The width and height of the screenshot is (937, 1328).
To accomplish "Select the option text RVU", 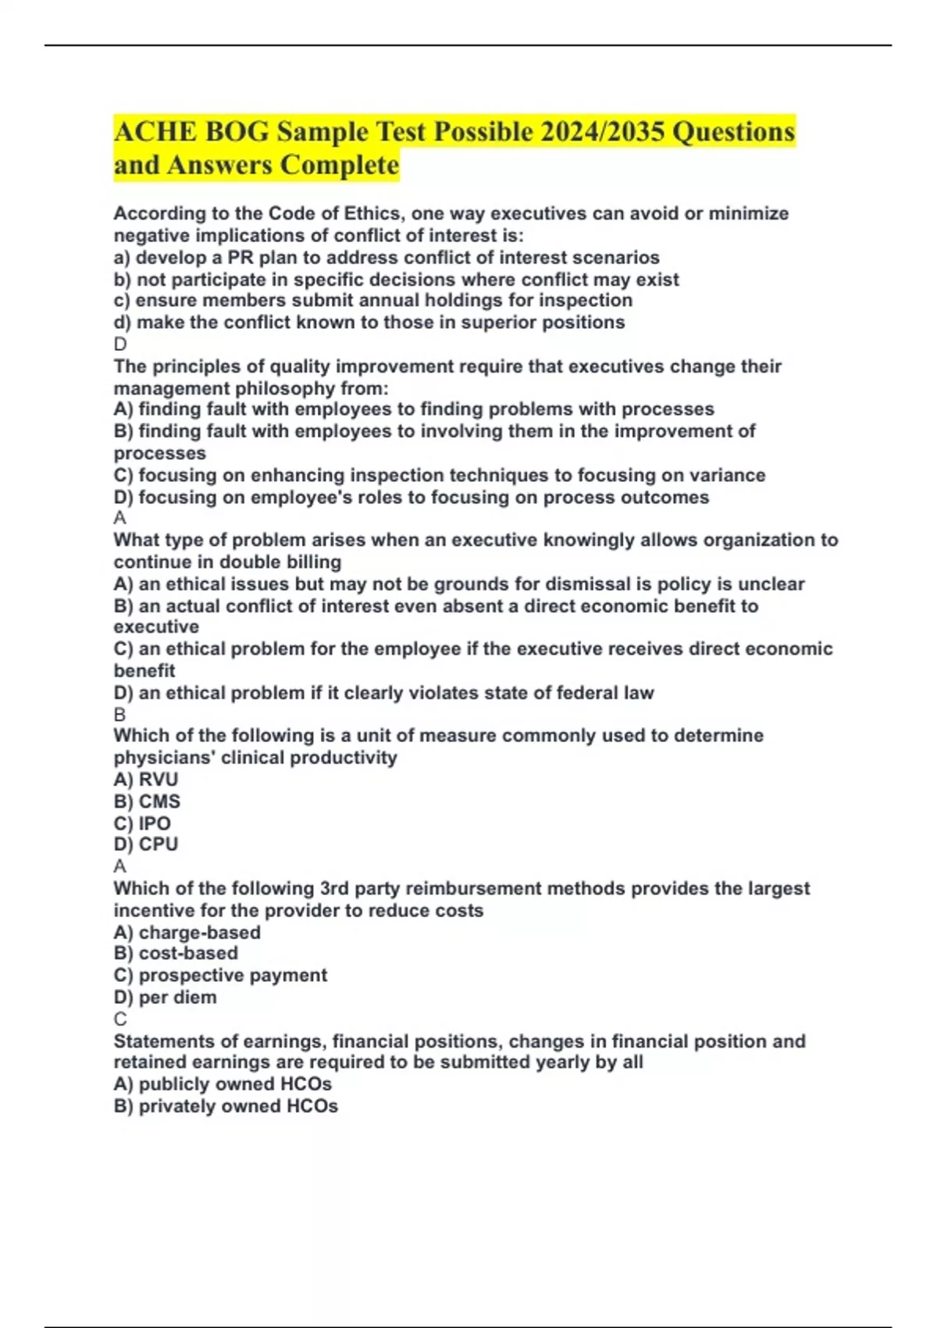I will coord(158,779).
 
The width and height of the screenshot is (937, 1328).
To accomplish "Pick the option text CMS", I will coord(159,801).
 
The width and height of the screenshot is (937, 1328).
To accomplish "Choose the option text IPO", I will coord(154,823).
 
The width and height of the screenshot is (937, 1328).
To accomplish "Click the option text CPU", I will coord(159,844).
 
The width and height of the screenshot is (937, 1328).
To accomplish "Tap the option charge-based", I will coord(199,932).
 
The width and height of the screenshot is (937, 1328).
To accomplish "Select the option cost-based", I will coord(188,953).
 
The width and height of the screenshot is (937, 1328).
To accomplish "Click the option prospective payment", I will coord(233,975).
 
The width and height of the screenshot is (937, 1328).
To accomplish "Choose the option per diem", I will coord(177,997).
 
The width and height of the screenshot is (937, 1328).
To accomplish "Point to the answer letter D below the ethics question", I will coord(120,344).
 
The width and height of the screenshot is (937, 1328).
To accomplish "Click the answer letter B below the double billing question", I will coord(119,714).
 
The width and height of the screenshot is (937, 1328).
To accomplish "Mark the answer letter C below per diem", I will coord(120,1019).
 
